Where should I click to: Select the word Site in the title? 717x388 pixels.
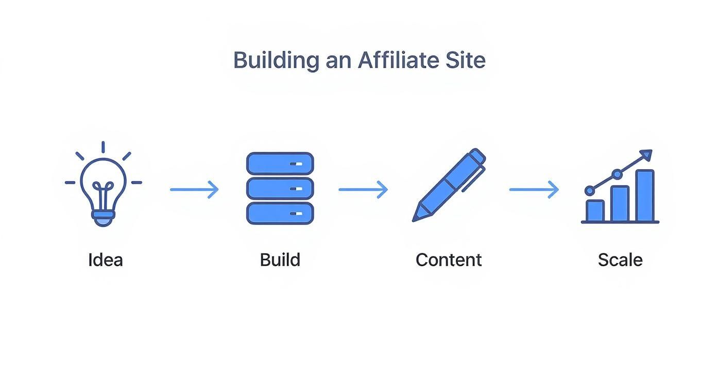[x=465, y=60]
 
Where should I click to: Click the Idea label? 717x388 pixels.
[x=106, y=260]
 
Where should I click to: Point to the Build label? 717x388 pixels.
[x=280, y=260]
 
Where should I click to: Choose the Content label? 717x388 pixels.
[x=449, y=260]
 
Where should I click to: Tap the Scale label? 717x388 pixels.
[x=620, y=260]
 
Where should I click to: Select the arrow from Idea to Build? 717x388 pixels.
[x=194, y=189]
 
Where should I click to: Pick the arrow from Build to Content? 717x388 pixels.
[x=363, y=189]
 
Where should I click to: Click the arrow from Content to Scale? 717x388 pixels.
[x=534, y=189]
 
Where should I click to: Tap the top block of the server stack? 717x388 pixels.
[x=280, y=163]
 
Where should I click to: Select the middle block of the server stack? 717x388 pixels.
[x=280, y=188]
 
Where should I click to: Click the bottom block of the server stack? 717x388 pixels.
[x=280, y=213]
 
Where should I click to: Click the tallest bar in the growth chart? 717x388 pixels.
[x=644, y=196]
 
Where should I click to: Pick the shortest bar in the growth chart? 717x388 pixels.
[x=595, y=210]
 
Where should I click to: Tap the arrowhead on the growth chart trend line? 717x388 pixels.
[x=646, y=155]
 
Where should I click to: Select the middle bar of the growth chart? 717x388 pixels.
[x=620, y=204]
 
